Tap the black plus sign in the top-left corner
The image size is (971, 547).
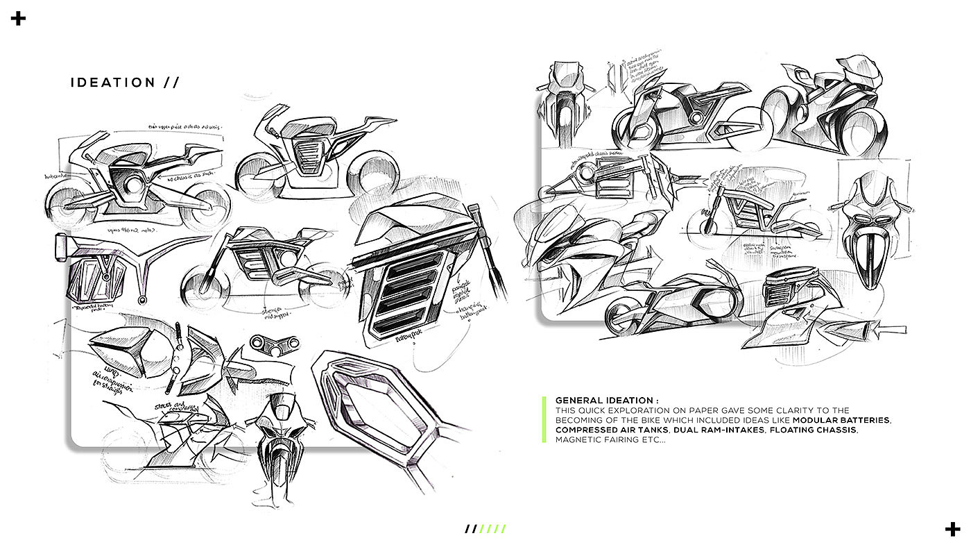(18, 19)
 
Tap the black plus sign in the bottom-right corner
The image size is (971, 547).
(953, 529)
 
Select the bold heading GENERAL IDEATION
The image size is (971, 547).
(605, 401)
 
